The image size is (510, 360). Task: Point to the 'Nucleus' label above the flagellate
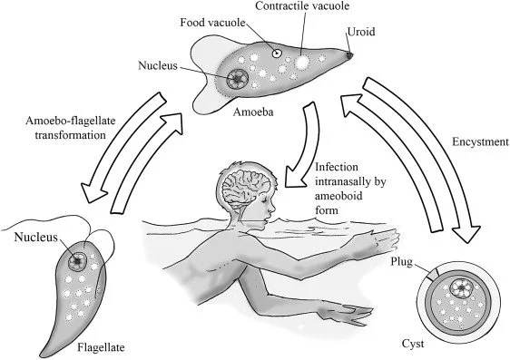[35, 239]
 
